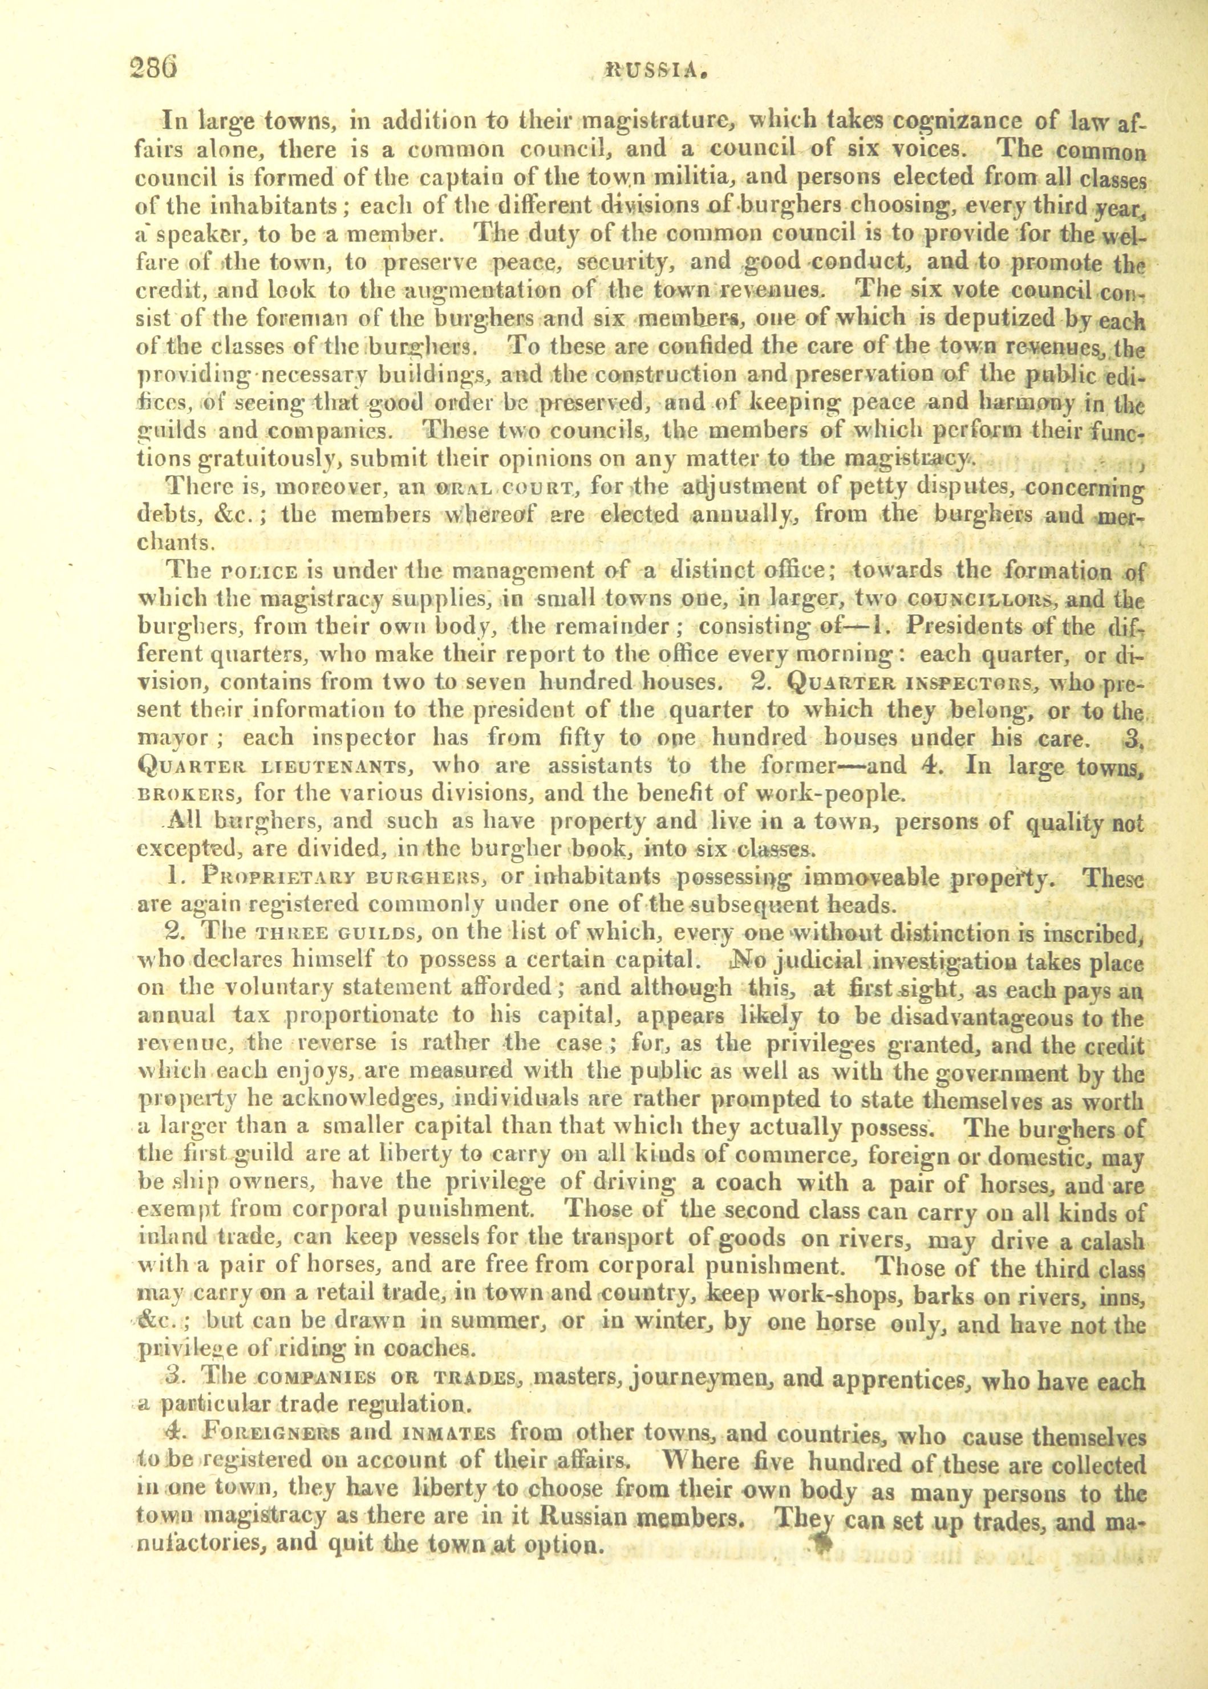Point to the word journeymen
pyautogui.click(x=703, y=1379)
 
